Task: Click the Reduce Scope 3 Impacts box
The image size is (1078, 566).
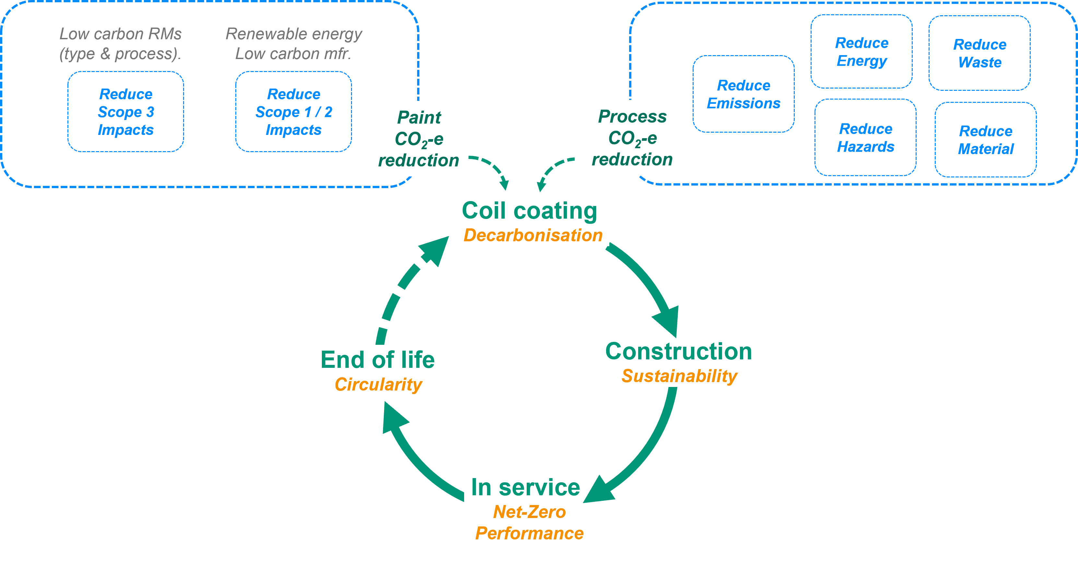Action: (125, 112)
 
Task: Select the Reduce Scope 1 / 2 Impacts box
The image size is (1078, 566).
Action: (293, 112)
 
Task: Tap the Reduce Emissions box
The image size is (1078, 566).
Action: (743, 94)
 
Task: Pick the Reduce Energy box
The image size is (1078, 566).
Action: (861, 52)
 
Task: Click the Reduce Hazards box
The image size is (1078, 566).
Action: (865, 138)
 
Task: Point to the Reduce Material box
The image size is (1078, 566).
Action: (986, 140)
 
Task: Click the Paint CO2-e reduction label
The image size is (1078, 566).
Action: (418, 138)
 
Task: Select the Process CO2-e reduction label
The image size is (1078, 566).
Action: (632, 138)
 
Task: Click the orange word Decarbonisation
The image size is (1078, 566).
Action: (533, 235)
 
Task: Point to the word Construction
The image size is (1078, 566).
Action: (678, 351)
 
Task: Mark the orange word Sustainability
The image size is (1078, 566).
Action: (679, 376)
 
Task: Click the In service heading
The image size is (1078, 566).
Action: (526, 487)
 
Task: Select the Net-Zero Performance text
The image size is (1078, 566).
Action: (529, 523)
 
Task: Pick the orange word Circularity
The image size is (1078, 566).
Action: (378, 384)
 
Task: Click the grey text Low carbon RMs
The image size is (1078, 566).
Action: (121, 34)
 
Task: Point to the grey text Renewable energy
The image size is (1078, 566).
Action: (294, 34)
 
